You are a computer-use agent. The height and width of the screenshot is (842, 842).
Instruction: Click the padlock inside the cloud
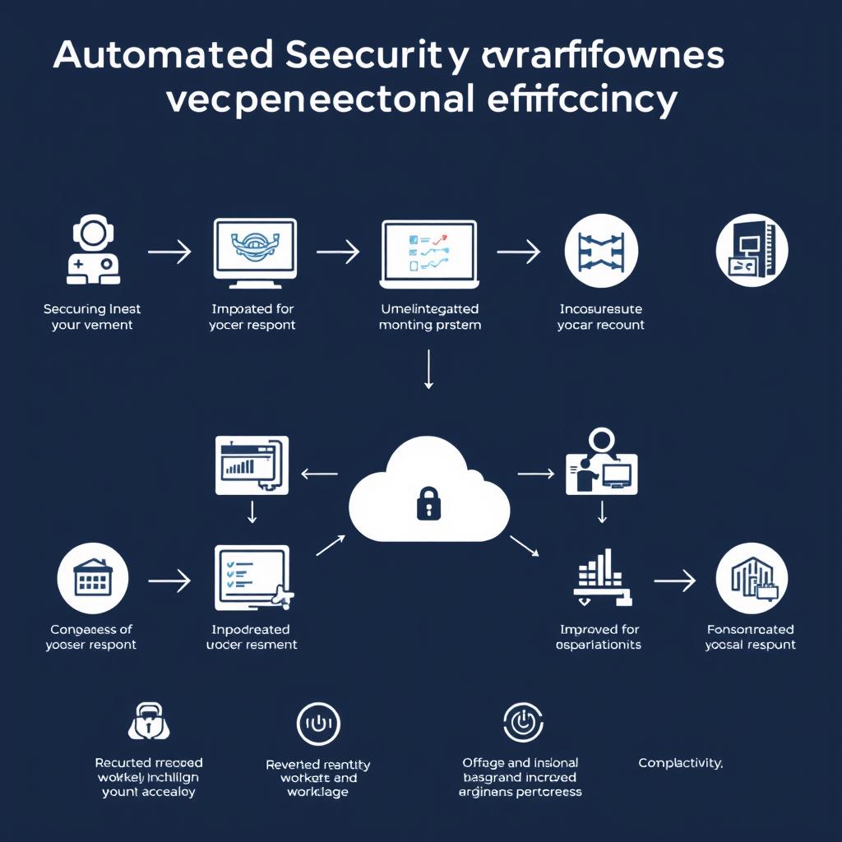pos(428,502)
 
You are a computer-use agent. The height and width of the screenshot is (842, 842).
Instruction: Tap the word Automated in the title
pos(163,55)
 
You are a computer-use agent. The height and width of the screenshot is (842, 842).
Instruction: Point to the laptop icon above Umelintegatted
pos(429,253)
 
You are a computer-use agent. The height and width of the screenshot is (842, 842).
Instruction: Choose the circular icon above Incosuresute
pos(602,252)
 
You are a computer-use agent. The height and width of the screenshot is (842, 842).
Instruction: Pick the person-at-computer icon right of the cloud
pos(600,463)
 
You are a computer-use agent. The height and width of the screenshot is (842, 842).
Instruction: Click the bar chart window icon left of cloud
pos(252,465)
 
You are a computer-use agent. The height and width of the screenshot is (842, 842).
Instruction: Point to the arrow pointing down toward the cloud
pos(428,368)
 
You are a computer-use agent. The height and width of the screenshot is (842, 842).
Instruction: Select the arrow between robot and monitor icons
pos(169,252)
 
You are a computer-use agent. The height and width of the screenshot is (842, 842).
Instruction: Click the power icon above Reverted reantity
pos(318,724)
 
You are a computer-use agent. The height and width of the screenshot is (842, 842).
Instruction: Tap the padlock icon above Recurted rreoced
pos(149,722)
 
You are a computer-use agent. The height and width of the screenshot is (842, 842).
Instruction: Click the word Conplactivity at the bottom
pos(680,763)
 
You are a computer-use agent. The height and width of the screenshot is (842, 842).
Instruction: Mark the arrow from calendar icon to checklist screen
pos(169,581)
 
